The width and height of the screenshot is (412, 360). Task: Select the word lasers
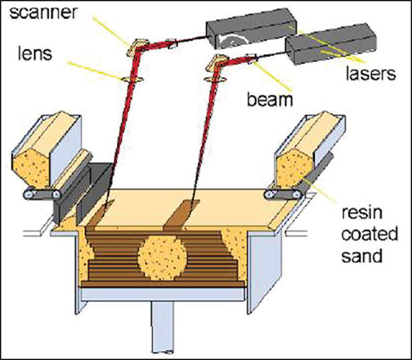(x=370, y=74)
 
